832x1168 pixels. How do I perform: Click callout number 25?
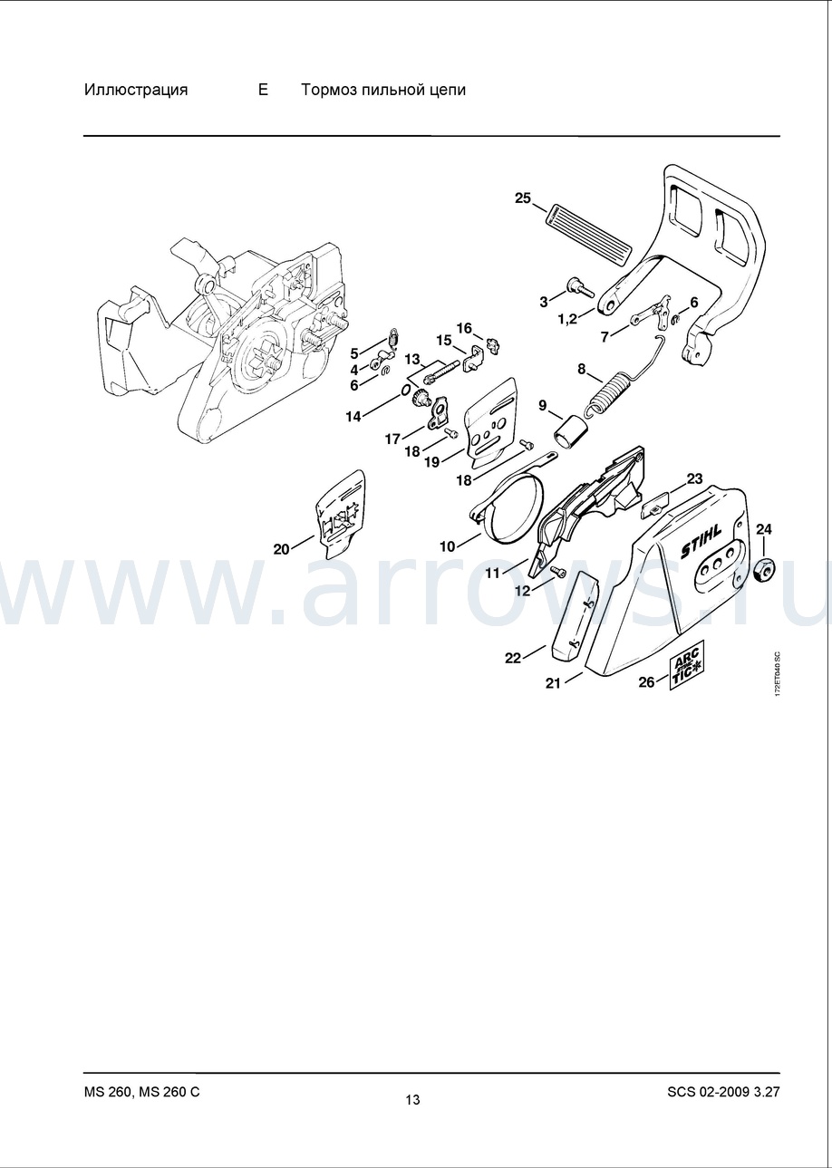523,198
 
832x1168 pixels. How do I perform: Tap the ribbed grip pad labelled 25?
587,230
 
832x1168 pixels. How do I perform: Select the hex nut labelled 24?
764,566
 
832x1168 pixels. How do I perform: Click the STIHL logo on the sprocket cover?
701,542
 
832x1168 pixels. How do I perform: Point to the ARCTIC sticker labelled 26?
687,672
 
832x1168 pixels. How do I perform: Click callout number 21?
553,682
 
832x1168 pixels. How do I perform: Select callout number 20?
281,549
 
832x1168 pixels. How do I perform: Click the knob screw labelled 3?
579,286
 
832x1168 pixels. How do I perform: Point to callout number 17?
392,439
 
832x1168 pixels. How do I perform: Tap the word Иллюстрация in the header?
136,91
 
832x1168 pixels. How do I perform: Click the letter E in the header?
263,90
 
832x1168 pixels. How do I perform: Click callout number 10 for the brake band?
448,546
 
